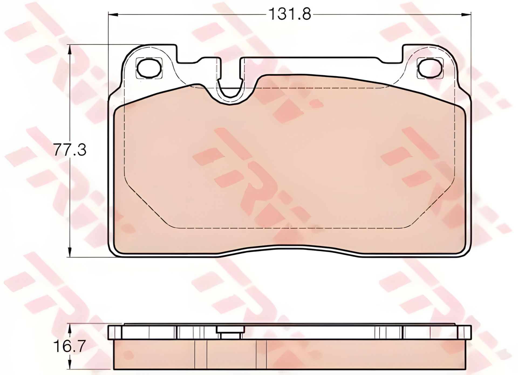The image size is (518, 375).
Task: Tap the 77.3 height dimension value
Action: pos(70,150)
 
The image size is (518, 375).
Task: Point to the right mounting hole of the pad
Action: pos(430,68)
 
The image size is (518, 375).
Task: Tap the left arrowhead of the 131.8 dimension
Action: pos(112,14)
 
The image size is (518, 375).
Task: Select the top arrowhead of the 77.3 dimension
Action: pos(70,50)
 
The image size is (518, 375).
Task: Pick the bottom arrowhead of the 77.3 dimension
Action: pos(70,252)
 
